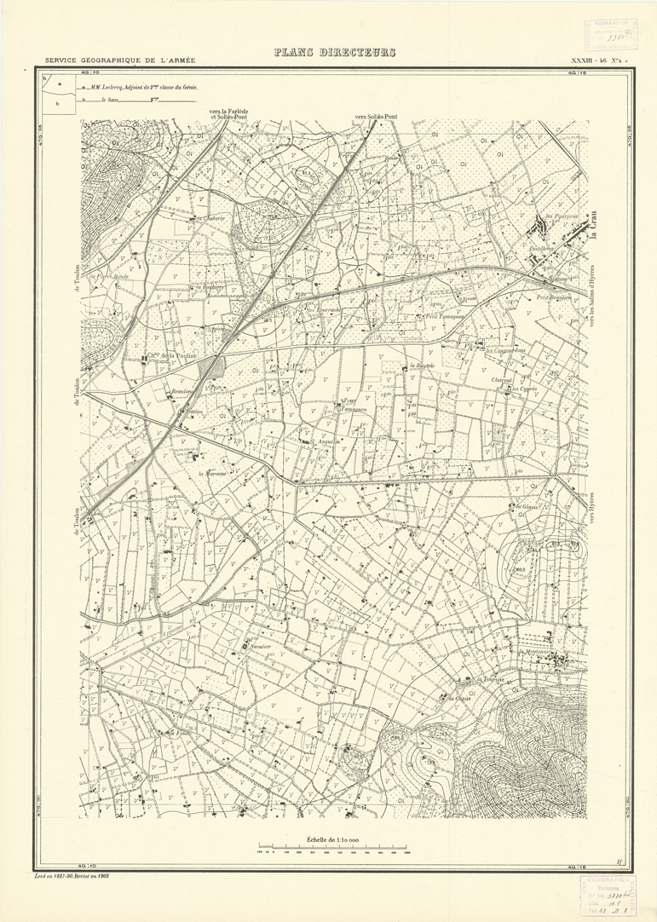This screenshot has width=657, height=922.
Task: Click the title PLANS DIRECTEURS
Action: (335, 53)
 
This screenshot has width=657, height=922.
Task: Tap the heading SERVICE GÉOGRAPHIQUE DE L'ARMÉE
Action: (120, 61)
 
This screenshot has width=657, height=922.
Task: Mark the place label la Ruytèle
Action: (422, 366)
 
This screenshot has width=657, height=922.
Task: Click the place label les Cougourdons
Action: (505, 350)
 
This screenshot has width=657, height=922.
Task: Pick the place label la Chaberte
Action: (210, 218)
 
